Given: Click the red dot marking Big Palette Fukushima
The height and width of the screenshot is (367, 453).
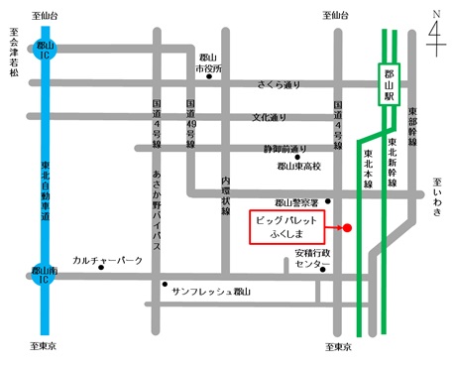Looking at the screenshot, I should [347, 228].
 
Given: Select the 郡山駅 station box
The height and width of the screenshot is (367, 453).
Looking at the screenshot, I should [391, 86].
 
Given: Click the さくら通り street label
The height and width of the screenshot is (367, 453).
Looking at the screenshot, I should [280, 85].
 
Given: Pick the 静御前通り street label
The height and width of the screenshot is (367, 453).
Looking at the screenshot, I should [284, 148].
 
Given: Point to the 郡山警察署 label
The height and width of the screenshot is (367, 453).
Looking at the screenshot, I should [296, 201].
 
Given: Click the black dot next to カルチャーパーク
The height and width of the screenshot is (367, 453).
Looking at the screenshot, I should [101, 267].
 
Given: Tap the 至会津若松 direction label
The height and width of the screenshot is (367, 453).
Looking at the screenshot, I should [14, 52].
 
